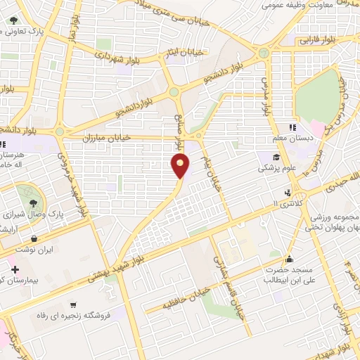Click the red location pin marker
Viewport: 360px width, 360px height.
pos(181,166)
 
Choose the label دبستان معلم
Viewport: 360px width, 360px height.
pos(291,139)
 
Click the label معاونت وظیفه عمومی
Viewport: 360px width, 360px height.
pos(298,5)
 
